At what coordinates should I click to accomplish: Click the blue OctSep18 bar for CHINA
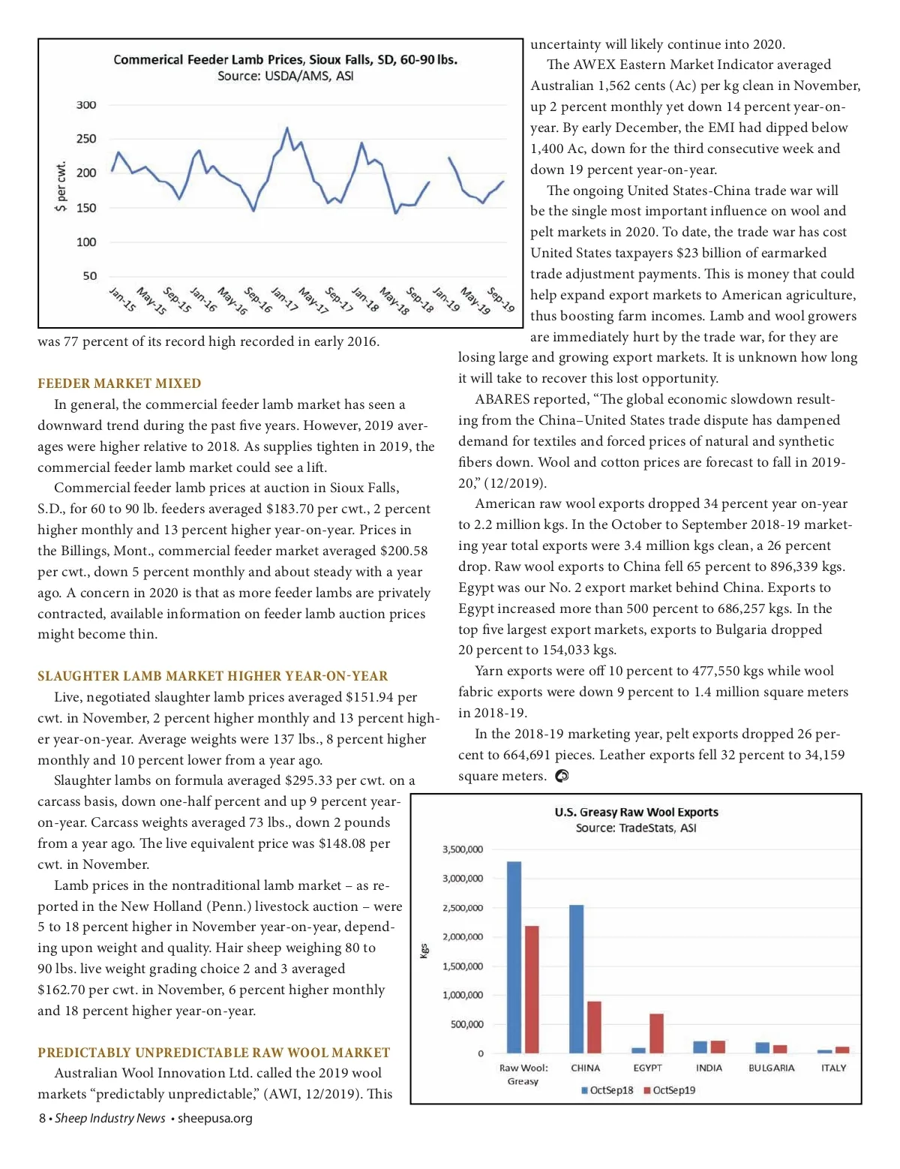(x=576, y=978)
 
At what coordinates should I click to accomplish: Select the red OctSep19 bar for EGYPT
(x=656, y=1033)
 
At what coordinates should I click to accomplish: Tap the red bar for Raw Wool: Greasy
(x=532, y=989)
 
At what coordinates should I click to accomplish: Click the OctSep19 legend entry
(x=669, y=1090)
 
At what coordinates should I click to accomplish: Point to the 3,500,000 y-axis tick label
(x=463, y=849)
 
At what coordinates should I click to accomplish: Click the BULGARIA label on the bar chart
(x=771, y=1068)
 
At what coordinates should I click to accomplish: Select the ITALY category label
(x=833, y=1068)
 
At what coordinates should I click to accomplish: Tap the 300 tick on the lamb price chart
(x=86, y=105)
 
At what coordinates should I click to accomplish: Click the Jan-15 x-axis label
(x=122, y=299)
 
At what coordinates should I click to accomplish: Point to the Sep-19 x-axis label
(x=501, y=300)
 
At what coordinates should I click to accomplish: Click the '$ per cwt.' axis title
(x=61, y=188)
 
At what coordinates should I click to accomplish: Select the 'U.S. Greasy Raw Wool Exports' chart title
(x=636, y=812)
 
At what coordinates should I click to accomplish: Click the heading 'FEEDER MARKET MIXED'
(x=119, y=383)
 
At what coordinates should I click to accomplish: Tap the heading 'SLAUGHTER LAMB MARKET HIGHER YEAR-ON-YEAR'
(x=213, y=676)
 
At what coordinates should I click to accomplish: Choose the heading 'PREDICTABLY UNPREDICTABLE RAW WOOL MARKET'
(x=214, y=1053)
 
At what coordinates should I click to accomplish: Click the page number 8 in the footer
(x=42, y=1119)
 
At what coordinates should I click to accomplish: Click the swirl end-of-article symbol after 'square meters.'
(x=562, y=777)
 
